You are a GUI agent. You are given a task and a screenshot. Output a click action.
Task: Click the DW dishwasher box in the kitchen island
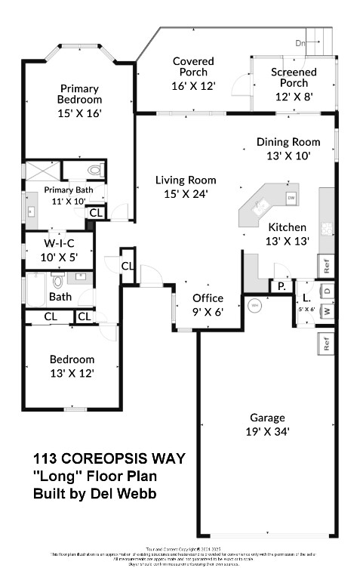point(291,198)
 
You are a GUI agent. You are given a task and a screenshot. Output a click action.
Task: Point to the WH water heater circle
point(254,305)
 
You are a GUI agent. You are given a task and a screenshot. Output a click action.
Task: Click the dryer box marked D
point(327,291)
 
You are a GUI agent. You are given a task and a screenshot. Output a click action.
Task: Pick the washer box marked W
point(327,310)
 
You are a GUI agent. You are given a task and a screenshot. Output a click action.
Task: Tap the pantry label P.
point(282,286)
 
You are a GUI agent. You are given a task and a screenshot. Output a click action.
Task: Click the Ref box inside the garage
point(326,342)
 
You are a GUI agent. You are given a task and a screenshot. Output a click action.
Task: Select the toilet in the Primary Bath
point(94,169)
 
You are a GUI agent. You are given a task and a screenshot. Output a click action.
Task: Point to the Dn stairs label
point(300,42)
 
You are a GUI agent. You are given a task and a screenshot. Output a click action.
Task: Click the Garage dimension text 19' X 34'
point(268,431)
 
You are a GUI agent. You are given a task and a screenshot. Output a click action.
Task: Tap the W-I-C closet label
point(58,242)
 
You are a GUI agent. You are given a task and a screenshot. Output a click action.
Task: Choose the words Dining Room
point(283,141)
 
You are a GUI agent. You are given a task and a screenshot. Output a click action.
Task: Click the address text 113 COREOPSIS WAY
point(109,458)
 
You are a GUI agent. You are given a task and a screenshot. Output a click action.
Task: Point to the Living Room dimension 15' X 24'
point(186,193)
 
